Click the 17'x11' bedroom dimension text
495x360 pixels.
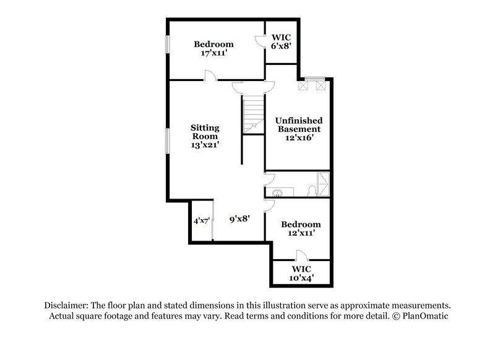(213, 54)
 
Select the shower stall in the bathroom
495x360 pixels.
(322, 184)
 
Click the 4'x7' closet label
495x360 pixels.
(201, 220)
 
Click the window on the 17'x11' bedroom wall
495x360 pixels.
(167, 45)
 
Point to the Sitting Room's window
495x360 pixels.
(167, 140)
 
